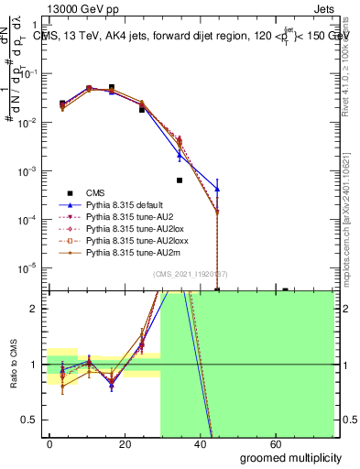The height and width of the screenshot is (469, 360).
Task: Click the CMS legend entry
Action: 96,192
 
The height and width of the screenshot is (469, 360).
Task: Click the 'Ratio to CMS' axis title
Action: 13,365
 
